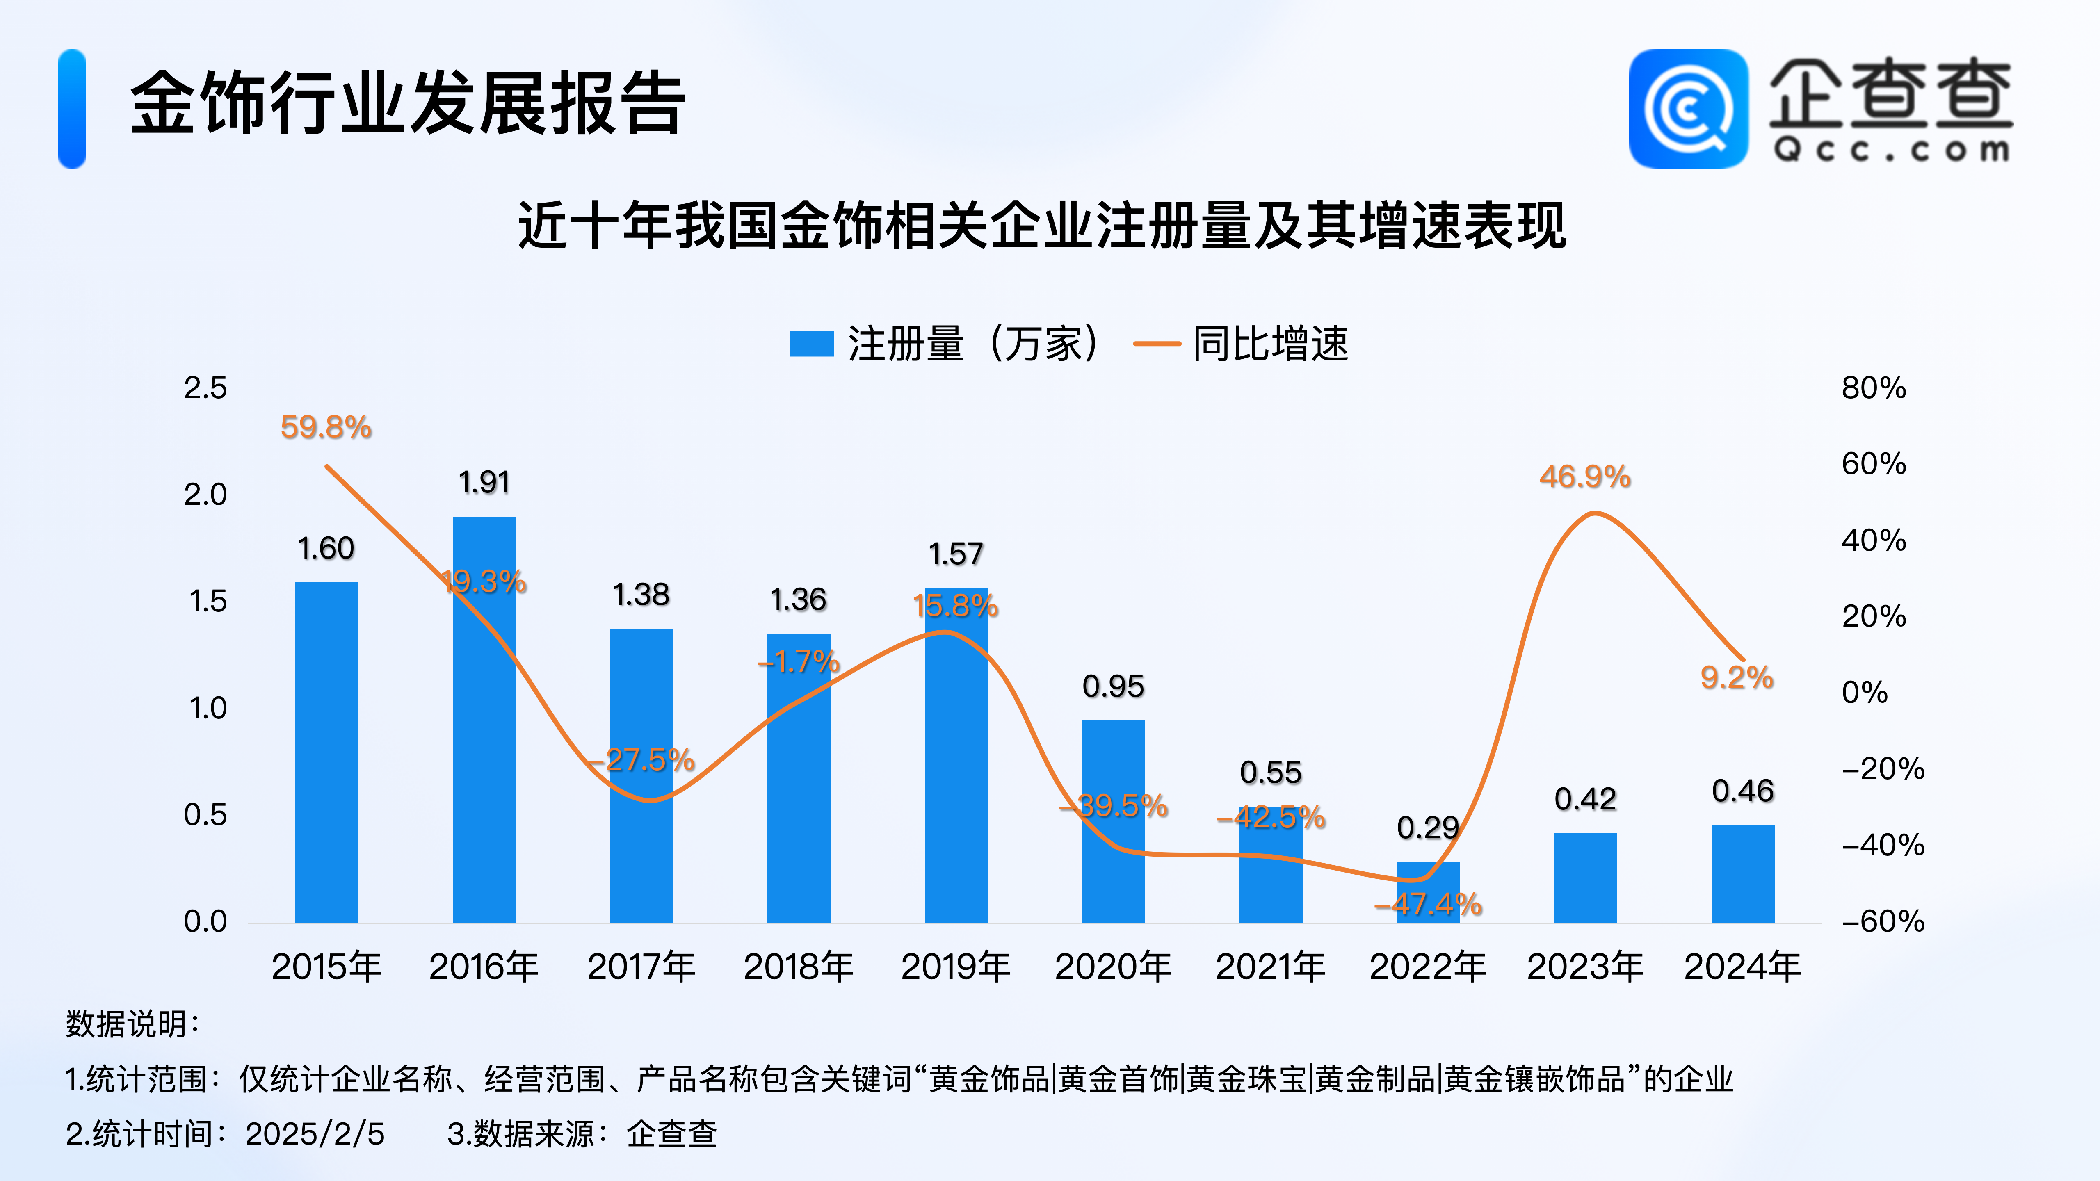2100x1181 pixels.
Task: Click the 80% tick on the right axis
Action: point(1873,388)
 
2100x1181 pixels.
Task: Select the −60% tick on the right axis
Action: point(1882,922)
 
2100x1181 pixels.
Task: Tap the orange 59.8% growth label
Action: point(326,427)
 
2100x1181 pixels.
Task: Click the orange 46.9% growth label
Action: point(1585,477)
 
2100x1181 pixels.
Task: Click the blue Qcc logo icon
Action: point(1688,109)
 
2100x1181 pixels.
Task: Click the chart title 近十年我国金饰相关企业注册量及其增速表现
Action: point(1042,226)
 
